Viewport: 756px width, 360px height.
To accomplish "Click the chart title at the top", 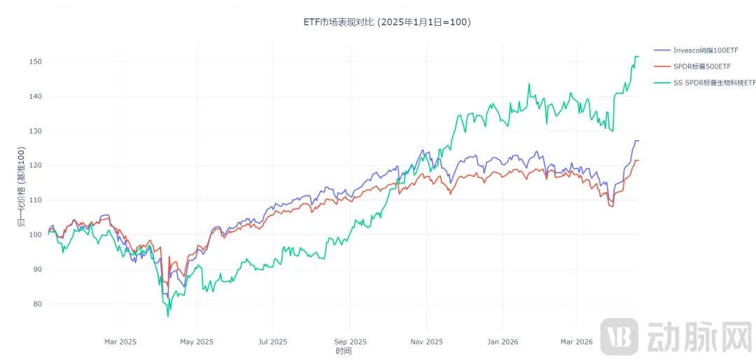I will click(387, 22).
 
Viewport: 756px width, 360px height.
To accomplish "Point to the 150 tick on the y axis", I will click(36, 62).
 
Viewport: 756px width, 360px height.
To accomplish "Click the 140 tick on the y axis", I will click(36, 97).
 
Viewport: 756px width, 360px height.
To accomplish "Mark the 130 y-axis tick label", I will click(36, 131).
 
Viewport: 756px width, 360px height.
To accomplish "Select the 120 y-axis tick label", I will click(36, 166).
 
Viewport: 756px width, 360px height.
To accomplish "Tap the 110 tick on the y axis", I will click(36, 200).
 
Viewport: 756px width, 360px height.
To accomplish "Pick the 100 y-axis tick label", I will click(36, 235).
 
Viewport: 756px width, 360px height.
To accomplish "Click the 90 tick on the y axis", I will click(38, 270).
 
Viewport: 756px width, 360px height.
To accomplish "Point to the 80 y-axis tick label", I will click(38, 304).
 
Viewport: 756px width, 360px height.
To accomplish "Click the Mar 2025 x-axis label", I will click(120, 342).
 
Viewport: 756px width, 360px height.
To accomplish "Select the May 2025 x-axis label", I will click(197, 342).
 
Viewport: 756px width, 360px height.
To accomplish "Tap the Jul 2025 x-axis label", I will click(273, 342).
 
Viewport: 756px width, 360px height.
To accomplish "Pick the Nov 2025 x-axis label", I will click(426, 342).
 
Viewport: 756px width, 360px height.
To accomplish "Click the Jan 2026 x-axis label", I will click(503, 342).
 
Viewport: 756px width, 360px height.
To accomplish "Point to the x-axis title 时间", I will click(343, 351).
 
